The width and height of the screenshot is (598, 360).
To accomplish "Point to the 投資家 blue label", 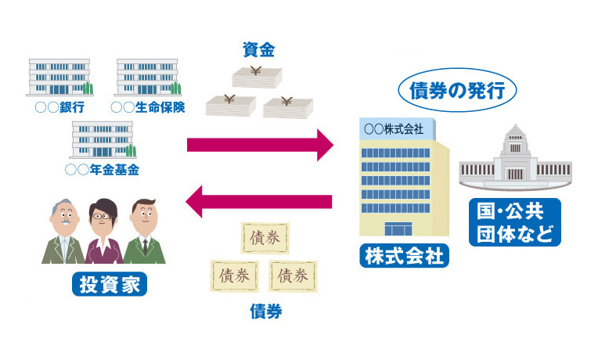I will pos(110,283).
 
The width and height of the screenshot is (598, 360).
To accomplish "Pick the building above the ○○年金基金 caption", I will pos(104,139).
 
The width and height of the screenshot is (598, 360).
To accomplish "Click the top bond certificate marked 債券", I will pos(262,236).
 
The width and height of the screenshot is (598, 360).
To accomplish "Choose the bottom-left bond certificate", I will pos(234,275).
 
